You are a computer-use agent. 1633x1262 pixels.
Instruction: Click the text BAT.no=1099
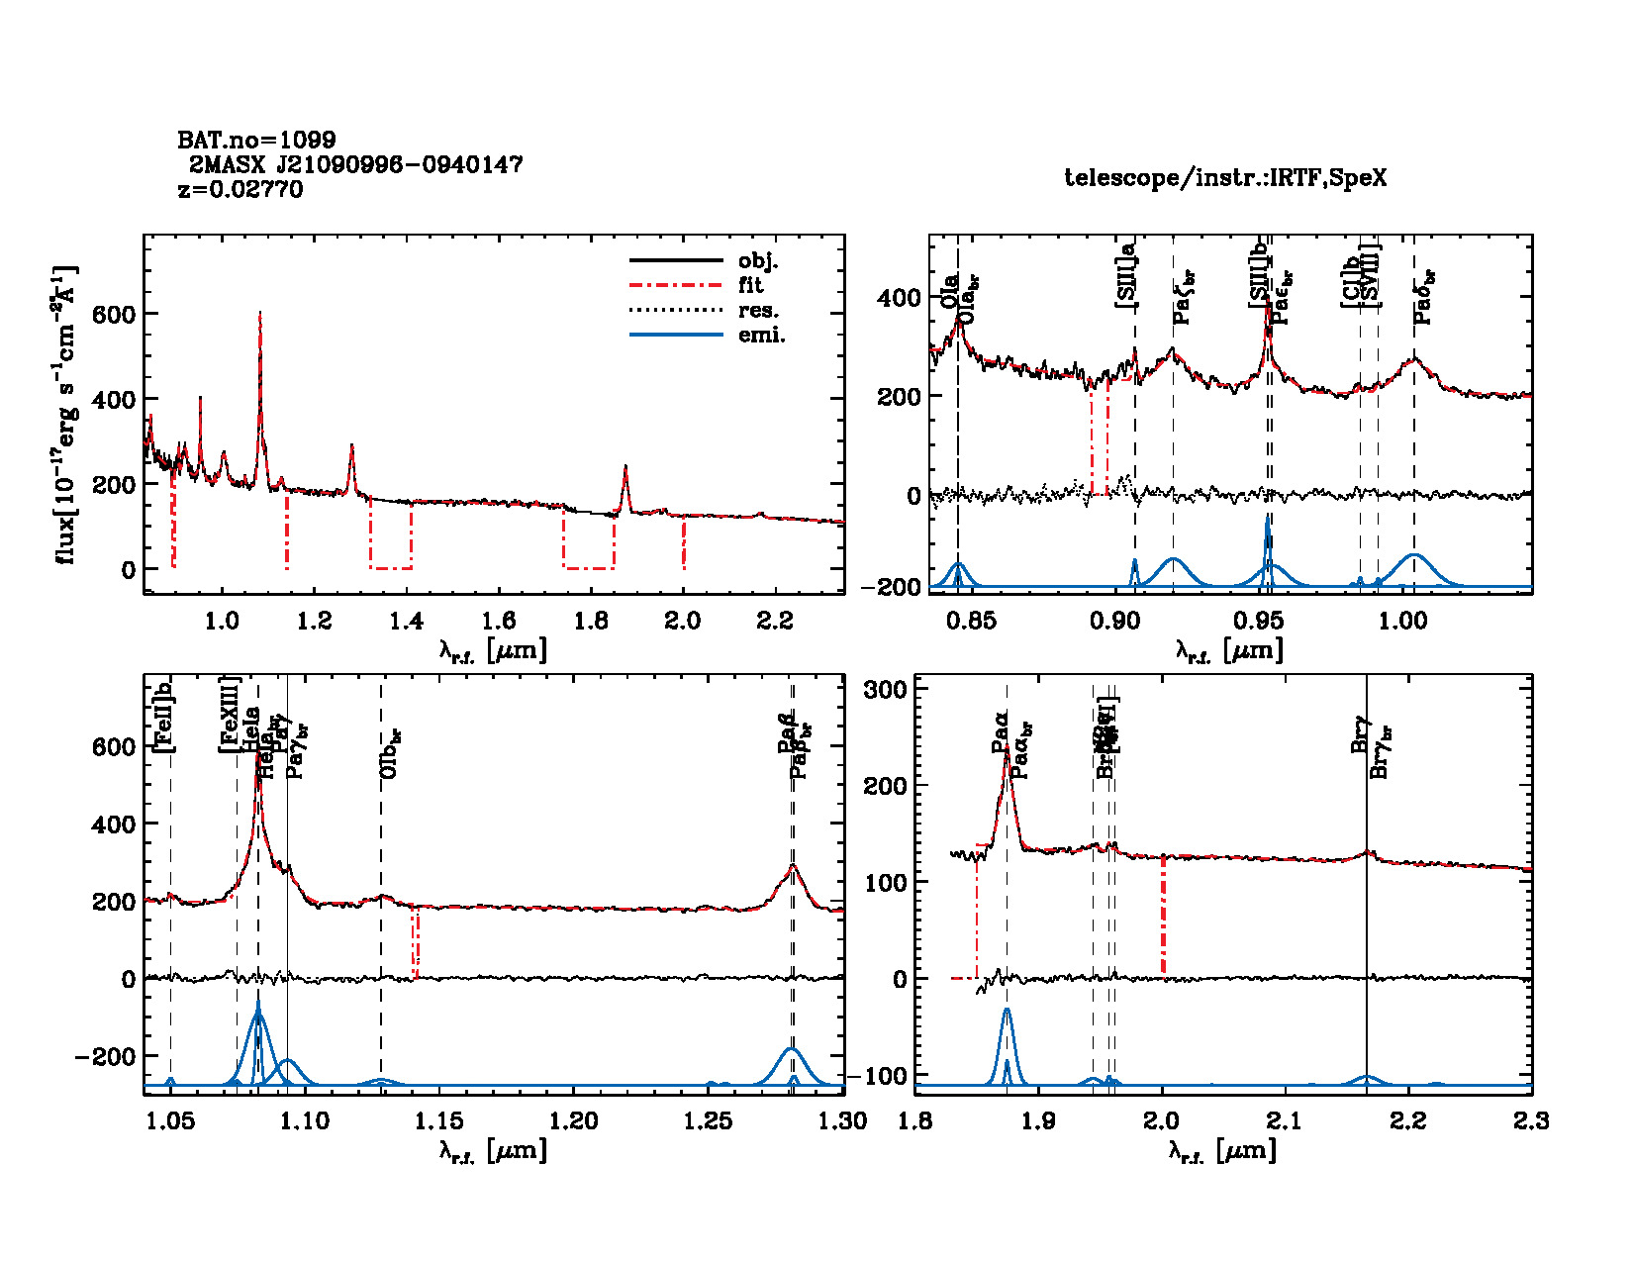point(256,141)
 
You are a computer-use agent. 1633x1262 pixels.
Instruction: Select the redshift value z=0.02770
point(240,189)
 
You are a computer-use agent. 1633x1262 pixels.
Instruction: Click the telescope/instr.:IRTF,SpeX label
point(1225,178)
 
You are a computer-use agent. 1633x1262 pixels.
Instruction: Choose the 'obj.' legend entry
point(758,261)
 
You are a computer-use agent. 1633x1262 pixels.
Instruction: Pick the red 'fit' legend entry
point(751,285)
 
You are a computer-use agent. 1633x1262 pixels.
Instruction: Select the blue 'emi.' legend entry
point(762,336)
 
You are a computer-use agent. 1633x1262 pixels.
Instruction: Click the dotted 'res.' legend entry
point(759,311)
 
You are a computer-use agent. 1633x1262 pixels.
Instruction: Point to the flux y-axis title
point(65,415)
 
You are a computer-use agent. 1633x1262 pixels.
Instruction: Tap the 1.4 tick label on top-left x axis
point(406,622)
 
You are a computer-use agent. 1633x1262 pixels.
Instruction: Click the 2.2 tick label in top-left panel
point(775,622)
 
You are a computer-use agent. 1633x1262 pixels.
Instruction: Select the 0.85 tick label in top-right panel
point(971,622)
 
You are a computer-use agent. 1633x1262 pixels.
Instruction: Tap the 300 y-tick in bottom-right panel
point(886,689)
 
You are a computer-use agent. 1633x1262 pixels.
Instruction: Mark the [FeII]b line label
point(164,717)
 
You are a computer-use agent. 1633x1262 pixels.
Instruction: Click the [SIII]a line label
point(1126,278)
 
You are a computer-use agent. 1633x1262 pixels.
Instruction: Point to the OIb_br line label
point(391,753)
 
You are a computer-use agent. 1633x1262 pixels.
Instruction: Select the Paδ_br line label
point(1424,297)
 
